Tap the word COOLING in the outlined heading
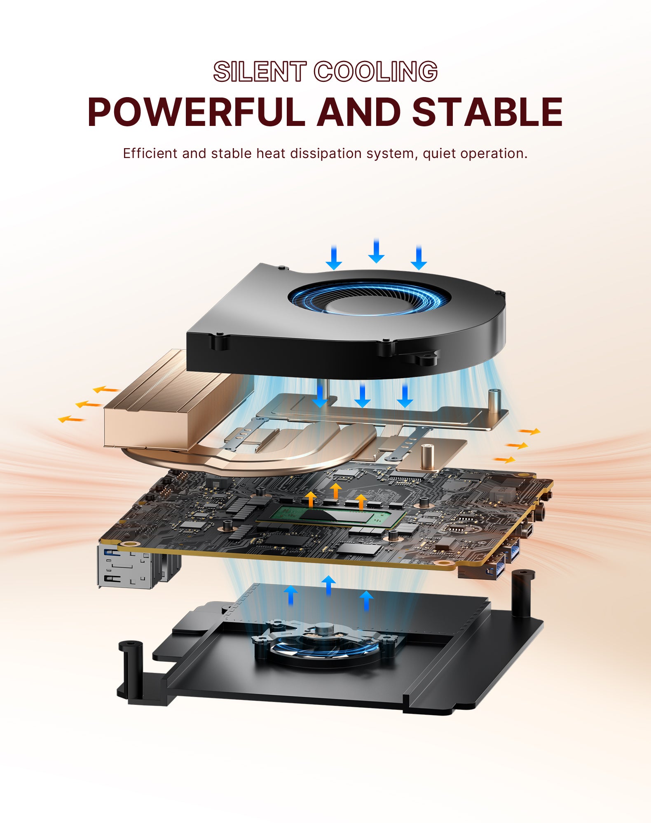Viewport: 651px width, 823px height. (x=376, y=72)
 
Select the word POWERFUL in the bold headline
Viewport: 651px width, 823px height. (x=196, y=112)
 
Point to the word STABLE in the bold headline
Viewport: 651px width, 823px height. (x=487, y=112)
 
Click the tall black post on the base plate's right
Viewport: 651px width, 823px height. (x=523, y=593)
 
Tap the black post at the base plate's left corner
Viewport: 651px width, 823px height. (x=131, y=671)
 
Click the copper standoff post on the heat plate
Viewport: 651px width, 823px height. (x=429, y=457)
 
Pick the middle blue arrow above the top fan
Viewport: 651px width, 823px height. (x=376, y=251)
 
